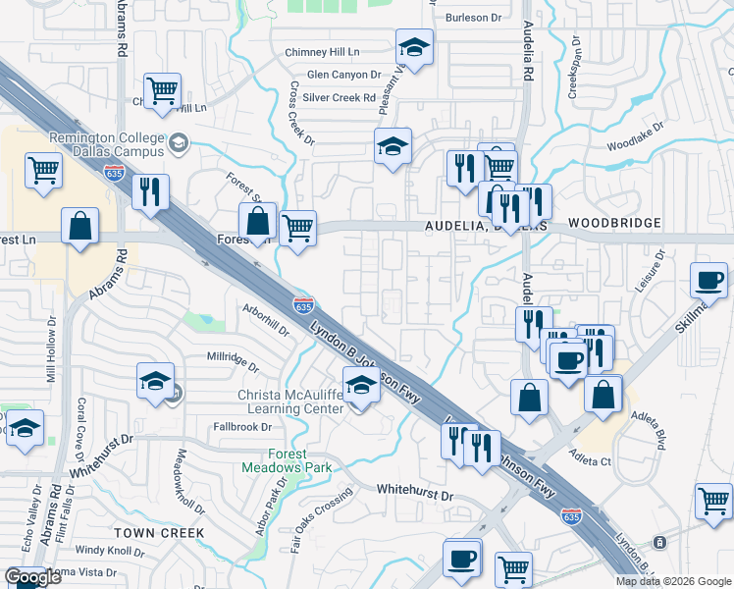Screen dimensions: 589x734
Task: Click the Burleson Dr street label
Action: pos(473,17)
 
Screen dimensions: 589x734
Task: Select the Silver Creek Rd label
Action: pos(339,98)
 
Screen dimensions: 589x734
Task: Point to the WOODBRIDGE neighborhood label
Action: pos(605,224)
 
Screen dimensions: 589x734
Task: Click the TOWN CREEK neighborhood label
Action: pos(159,532)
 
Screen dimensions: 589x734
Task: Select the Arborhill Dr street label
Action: pos(265,319)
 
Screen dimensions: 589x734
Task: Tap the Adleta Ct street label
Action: pos(591,459)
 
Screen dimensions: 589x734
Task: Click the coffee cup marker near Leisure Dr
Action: pos(708,281)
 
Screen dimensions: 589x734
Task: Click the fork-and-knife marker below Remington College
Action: pos(150,192)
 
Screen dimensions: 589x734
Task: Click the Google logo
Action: pos(31,578)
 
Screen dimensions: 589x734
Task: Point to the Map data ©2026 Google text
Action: pos(673,581)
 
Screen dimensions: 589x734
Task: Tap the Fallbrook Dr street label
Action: pos(241,427)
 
